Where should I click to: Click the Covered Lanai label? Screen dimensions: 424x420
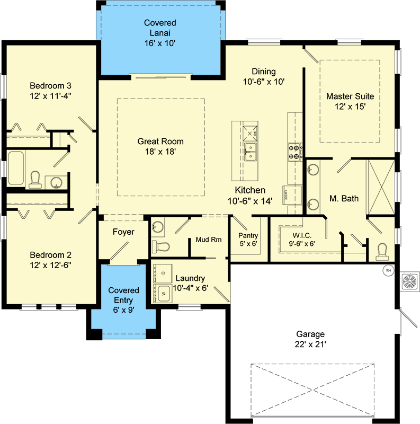coord(160,33)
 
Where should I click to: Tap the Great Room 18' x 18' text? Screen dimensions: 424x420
coord(160,146)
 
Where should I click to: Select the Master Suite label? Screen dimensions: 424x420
coord(350,101)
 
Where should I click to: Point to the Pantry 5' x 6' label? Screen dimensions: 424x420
coord(248,240)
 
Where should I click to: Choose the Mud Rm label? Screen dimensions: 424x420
coord(208,240)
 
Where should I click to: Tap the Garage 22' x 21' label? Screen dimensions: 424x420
coord(310,339)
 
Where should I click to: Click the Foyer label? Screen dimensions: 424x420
coord(123,232)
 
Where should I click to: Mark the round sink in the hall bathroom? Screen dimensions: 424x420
coord(56,182)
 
